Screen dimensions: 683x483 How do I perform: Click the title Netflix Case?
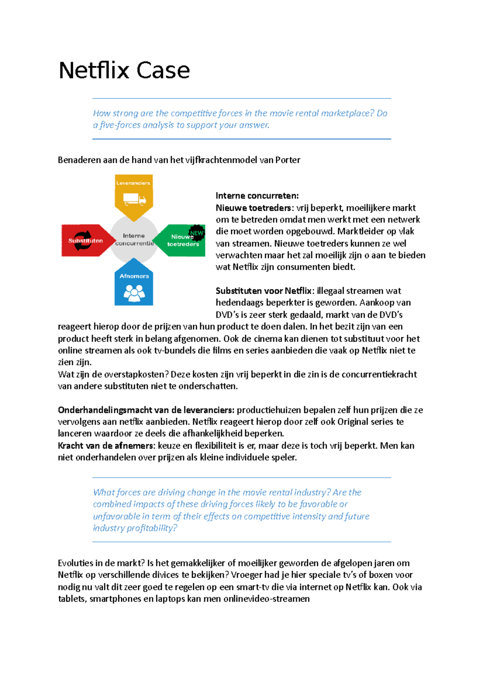point(124,70)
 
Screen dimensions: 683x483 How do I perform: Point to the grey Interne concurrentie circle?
point(134,239)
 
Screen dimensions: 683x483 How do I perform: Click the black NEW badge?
point(197,232)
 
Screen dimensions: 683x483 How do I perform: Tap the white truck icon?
point(134,199)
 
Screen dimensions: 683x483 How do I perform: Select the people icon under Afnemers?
point(134,292)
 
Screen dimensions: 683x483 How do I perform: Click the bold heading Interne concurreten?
point(257,196)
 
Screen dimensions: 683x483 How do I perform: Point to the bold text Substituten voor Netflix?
point(264,291)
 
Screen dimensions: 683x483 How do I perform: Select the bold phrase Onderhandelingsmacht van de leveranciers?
point(146,410)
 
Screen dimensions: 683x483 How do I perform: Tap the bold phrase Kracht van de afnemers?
point(106,446)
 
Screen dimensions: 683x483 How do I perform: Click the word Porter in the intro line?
point(288,160)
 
